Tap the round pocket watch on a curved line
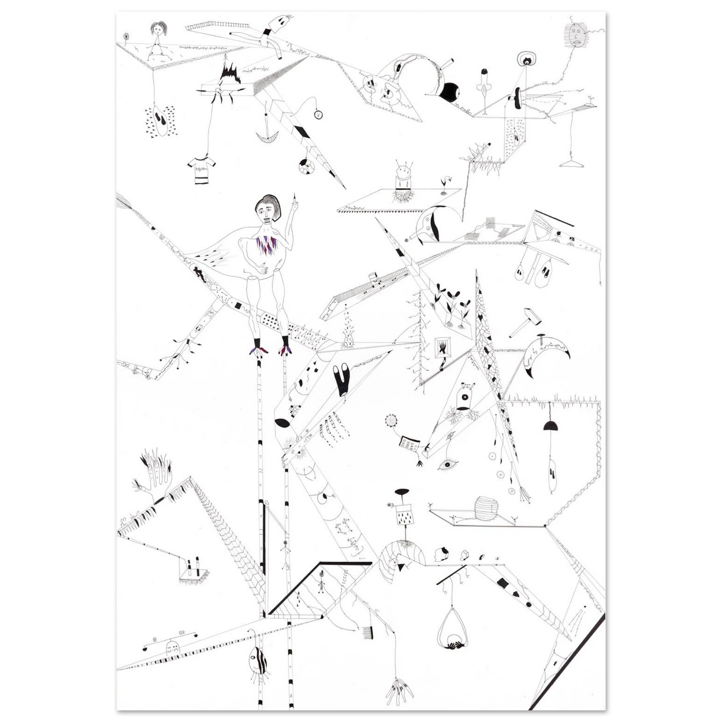(x=318, y=115)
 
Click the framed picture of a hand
(x=442, y=346)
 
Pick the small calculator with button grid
(x=408, y=444)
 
